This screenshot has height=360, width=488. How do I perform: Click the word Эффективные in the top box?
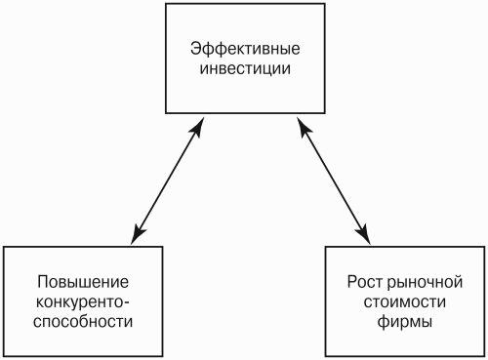(245, 49)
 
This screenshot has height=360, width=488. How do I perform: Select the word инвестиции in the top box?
(245, 69)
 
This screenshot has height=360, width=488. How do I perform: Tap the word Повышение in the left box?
(83, 282)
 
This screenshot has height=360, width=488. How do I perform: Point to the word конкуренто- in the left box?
(83, 302)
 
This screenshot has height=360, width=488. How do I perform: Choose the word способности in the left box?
(83, 322)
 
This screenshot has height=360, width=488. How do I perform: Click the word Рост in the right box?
(366, 282)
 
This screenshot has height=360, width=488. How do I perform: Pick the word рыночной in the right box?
(425, 283)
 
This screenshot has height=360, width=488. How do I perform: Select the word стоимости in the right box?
(405, 302)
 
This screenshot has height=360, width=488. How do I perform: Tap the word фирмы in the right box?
(405, 322)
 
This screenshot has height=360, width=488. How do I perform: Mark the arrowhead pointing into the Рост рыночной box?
(364, 234)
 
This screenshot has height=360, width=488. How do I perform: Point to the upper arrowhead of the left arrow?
(197, 127)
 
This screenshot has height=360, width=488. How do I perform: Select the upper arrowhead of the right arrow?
(304, 127)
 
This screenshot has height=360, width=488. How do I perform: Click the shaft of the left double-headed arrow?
(167, 180)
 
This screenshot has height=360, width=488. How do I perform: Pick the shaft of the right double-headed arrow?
(334, 180)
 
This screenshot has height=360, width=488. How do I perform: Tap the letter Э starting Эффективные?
(196, 49)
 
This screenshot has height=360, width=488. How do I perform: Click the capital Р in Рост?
(352, 282)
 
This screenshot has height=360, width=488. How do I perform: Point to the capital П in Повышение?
(43, 282)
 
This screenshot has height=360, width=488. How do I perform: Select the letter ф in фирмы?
(384, 322)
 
